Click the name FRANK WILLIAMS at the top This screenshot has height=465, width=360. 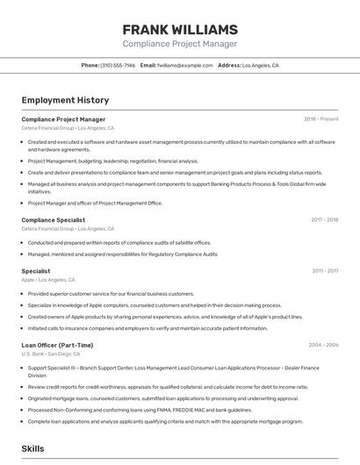[180, 29]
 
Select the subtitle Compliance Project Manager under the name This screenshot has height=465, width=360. [180, 44]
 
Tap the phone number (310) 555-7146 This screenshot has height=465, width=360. [118, 66]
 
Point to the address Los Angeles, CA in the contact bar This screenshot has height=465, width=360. [260, 66]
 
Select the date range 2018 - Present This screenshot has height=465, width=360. [320, 119]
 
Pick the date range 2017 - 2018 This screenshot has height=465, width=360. [324, 220]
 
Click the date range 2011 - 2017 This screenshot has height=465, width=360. [324, 271]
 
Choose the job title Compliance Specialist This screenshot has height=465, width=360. [54, 220]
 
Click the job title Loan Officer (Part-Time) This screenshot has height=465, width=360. [57, 346]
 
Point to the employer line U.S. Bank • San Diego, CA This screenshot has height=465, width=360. [57, 354]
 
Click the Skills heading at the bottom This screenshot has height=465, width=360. [32, 448]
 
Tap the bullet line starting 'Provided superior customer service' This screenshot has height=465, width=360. [111, 294]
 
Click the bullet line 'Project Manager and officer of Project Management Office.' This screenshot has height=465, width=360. [95, 204]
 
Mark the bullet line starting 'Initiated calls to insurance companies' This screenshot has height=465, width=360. [148, 328]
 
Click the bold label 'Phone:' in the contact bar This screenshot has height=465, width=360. [90, 66]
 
